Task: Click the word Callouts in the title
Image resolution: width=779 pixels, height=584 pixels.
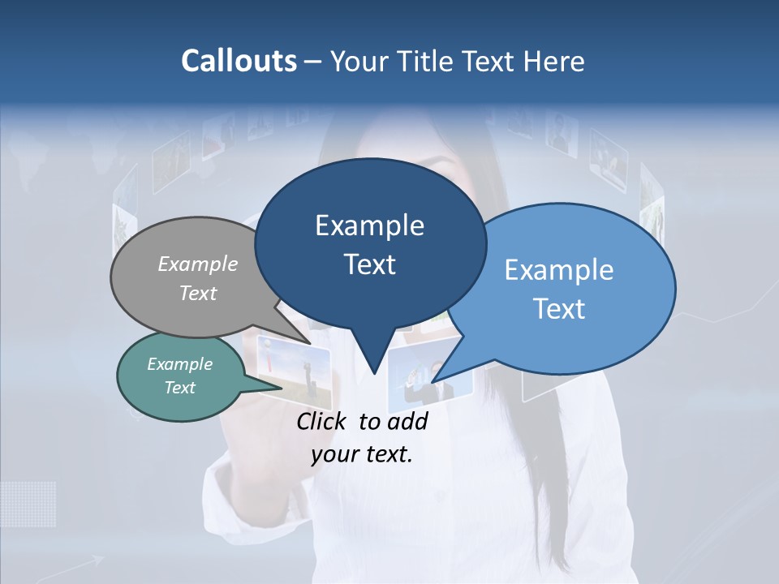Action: [x=239, y=61]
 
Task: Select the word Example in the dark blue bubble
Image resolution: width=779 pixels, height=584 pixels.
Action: [x=369, y=225]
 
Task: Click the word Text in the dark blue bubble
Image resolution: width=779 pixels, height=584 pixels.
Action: [x=369, y=264]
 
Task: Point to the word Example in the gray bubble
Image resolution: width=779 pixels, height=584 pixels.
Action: [x=198, y=264]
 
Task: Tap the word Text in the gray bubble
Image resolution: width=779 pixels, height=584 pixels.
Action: [x=198, y=293]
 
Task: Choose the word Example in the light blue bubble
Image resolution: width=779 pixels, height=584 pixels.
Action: [x=559, y=270]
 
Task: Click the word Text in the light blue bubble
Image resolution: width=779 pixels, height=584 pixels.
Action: [x=559, y=308]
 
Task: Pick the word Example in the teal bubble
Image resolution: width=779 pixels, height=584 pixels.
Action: [x=179, y=364]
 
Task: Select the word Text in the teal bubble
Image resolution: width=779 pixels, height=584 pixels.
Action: [x=179, y=388]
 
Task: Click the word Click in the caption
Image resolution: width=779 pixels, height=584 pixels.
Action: [x=323, y=421]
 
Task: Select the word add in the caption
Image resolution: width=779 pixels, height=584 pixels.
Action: [x=407, y=421]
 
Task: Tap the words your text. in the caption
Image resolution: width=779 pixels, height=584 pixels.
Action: [x=362, y=454]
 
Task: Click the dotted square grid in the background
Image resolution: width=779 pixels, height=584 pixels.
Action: [x=28, y=503]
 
